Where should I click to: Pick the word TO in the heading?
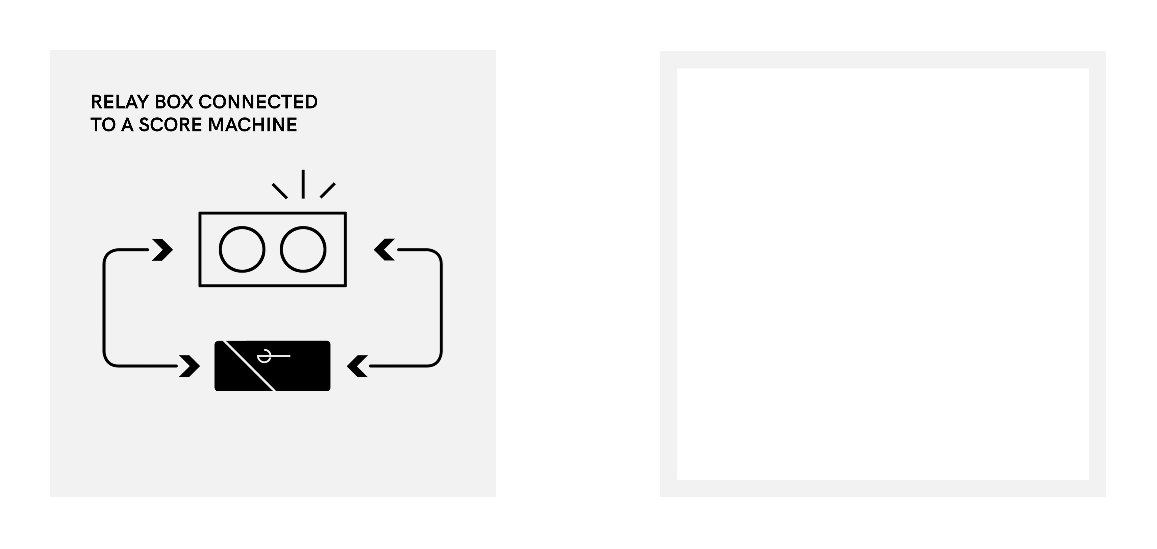103,125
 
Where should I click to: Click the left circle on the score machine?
242,249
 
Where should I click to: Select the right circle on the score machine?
303,249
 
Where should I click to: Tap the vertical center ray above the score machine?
303,184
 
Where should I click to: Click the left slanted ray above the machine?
280,191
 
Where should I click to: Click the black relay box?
273,366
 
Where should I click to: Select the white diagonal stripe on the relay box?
249,366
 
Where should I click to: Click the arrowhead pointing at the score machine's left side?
162,250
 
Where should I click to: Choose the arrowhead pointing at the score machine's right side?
384,250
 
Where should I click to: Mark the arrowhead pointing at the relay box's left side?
190,366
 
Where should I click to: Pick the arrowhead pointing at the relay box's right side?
357,366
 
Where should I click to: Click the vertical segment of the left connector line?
104,308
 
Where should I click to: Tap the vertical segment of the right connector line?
442,308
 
